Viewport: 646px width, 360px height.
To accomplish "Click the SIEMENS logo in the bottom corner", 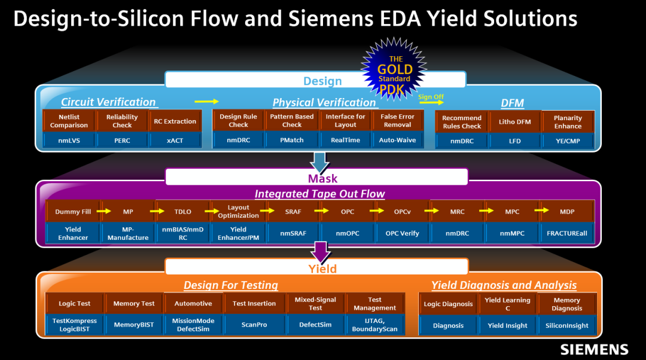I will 594,349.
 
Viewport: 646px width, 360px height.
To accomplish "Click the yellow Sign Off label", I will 431,97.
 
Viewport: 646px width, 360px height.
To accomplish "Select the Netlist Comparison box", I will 69,121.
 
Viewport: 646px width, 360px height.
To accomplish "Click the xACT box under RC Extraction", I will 175,141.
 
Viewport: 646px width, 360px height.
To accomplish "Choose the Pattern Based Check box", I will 292,121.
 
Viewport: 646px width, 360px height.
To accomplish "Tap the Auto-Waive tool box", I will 397,141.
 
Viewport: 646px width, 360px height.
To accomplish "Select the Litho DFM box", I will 514,122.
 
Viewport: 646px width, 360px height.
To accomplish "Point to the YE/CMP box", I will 568,141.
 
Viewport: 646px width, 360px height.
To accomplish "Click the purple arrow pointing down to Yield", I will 322,252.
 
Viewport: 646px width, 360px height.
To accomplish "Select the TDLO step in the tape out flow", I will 182,212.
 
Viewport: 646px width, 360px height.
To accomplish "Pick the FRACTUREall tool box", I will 566,233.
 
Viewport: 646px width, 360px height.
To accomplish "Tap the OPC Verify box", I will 402,233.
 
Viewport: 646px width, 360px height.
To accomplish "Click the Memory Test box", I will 134,304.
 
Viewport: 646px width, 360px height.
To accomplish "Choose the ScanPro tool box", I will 254,325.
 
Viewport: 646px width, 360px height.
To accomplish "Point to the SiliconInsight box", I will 566,326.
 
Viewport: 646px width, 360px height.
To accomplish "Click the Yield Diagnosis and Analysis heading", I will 504,285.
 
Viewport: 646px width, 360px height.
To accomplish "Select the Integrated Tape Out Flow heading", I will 319,194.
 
